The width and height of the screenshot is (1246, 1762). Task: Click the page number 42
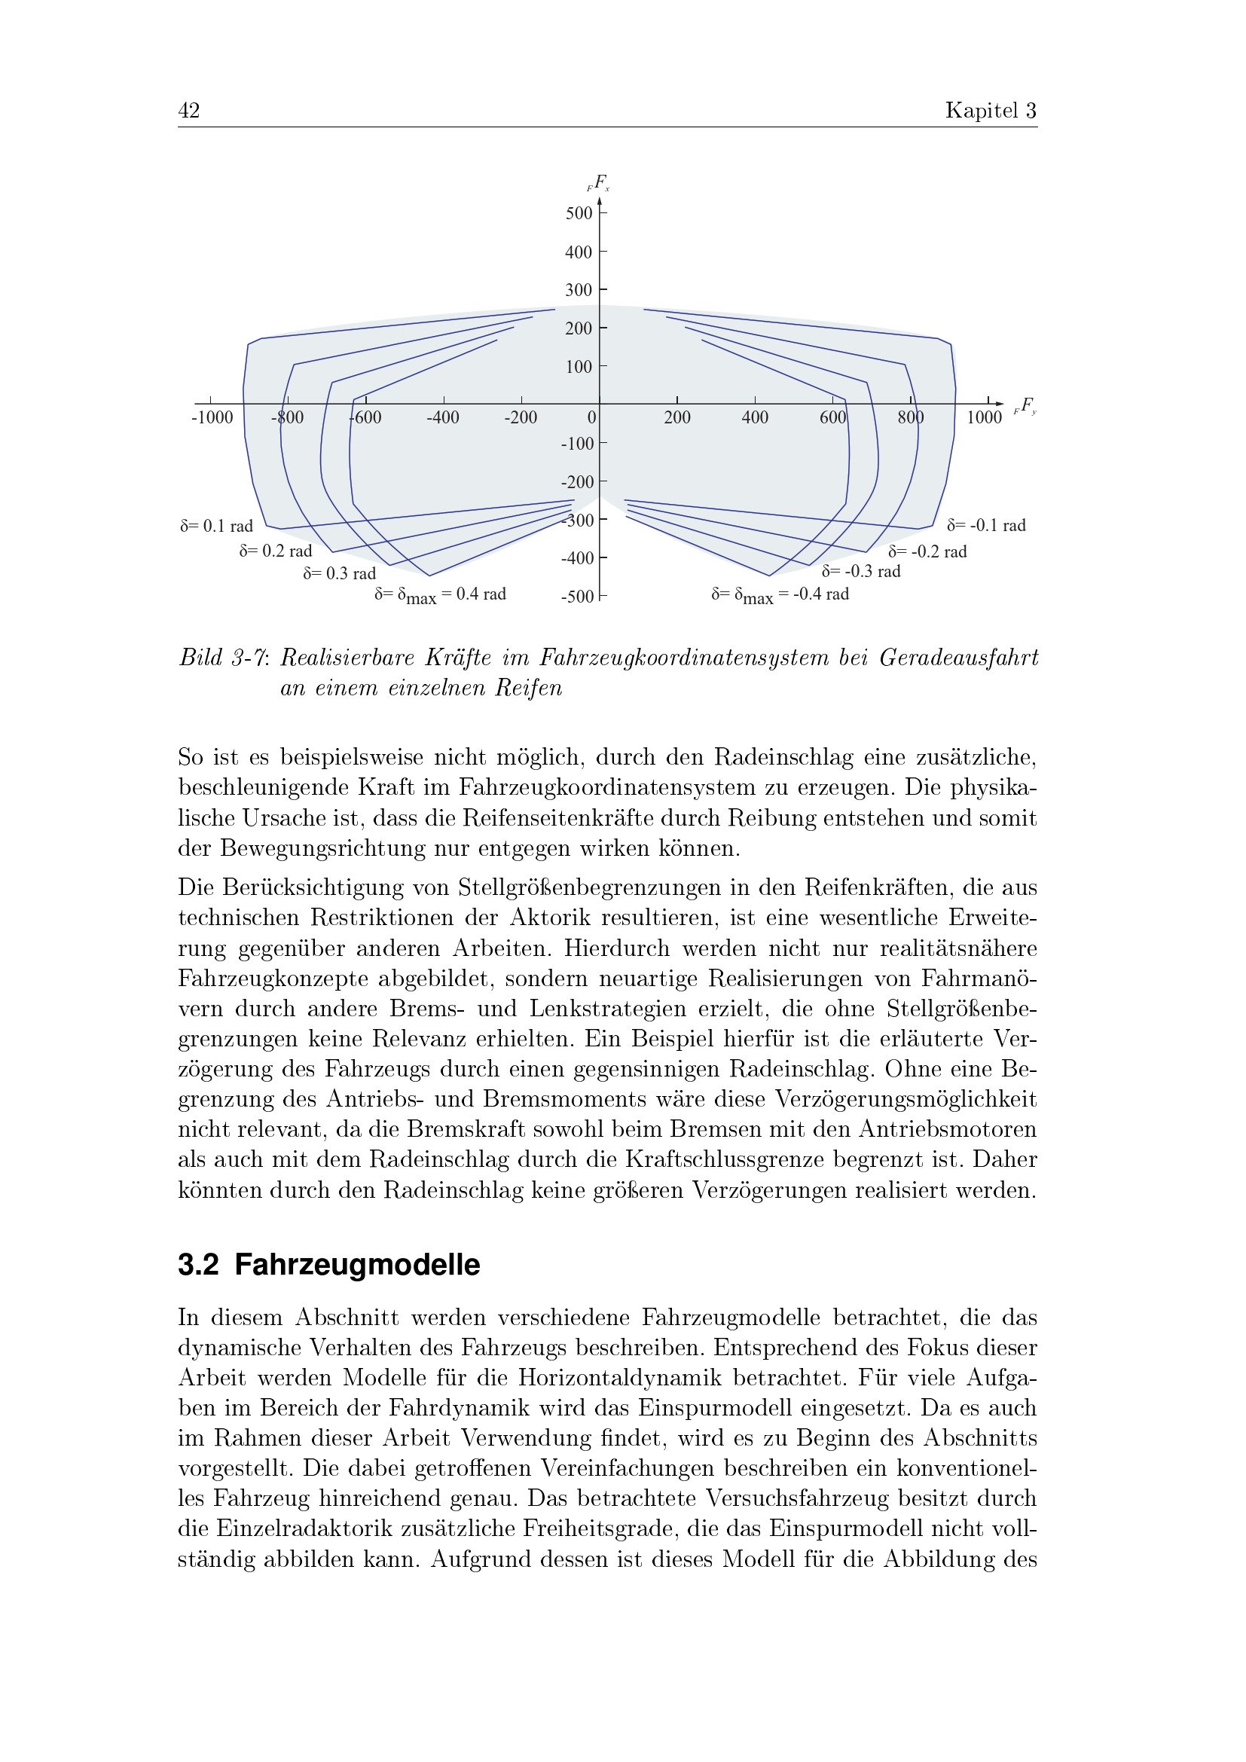pos(189,111)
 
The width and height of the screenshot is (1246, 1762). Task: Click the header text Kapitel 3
pos(991,111)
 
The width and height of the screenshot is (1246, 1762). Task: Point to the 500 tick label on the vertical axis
pos(579,213)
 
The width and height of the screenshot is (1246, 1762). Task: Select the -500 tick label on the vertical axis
pos(577,597)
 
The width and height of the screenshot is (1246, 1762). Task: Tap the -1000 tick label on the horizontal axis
pos(212,417)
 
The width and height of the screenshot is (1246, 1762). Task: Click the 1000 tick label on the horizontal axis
pos(984,417)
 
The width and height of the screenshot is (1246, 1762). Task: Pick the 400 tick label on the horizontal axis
pos(754,417)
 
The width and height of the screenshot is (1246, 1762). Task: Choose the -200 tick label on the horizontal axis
pos(521,417)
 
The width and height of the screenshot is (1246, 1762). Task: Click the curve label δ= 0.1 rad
pos(216,527)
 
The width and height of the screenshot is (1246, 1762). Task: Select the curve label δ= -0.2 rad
pos(927,551)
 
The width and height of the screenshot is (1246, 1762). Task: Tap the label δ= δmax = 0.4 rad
pos(441,595)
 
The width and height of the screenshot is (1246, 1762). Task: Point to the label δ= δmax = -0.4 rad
pos(780,595)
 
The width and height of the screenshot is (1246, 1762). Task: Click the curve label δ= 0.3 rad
pos(339,574)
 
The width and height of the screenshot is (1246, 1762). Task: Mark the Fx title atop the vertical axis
pos(599,183)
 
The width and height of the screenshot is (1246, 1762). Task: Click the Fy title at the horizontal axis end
pos(1025,406)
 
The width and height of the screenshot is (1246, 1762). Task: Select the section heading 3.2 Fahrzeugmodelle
pos(329,1265)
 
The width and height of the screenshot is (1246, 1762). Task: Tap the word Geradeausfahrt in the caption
pos(958,658)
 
